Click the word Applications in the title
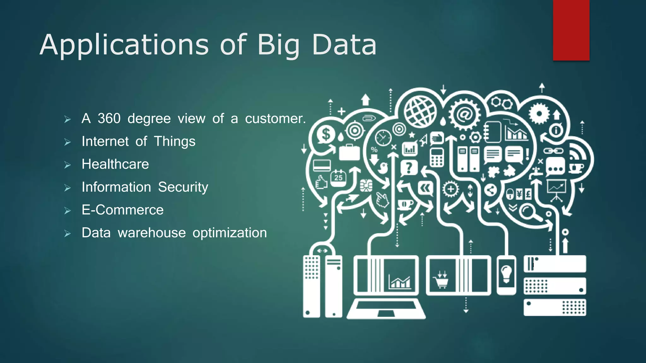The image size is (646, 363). pos(124,45)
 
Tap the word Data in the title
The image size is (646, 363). pos(344,45)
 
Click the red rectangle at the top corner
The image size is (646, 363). pos(571,30)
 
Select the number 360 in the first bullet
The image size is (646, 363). pos(109,118)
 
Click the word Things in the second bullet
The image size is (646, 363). pos(174,141)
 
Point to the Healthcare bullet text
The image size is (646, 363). pos(115,164)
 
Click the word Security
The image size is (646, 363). pos(183,187)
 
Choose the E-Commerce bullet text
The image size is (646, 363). pos(122,210)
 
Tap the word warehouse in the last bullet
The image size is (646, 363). pos(152,233)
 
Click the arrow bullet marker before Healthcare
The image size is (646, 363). pos(68,165)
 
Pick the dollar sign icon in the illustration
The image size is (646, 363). pos(326,135)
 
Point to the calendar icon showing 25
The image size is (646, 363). pos(338,178)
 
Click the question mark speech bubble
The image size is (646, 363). pos(409,168)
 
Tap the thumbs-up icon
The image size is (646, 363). pos(321,182)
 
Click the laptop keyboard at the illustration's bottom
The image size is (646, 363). pos(386,308)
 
